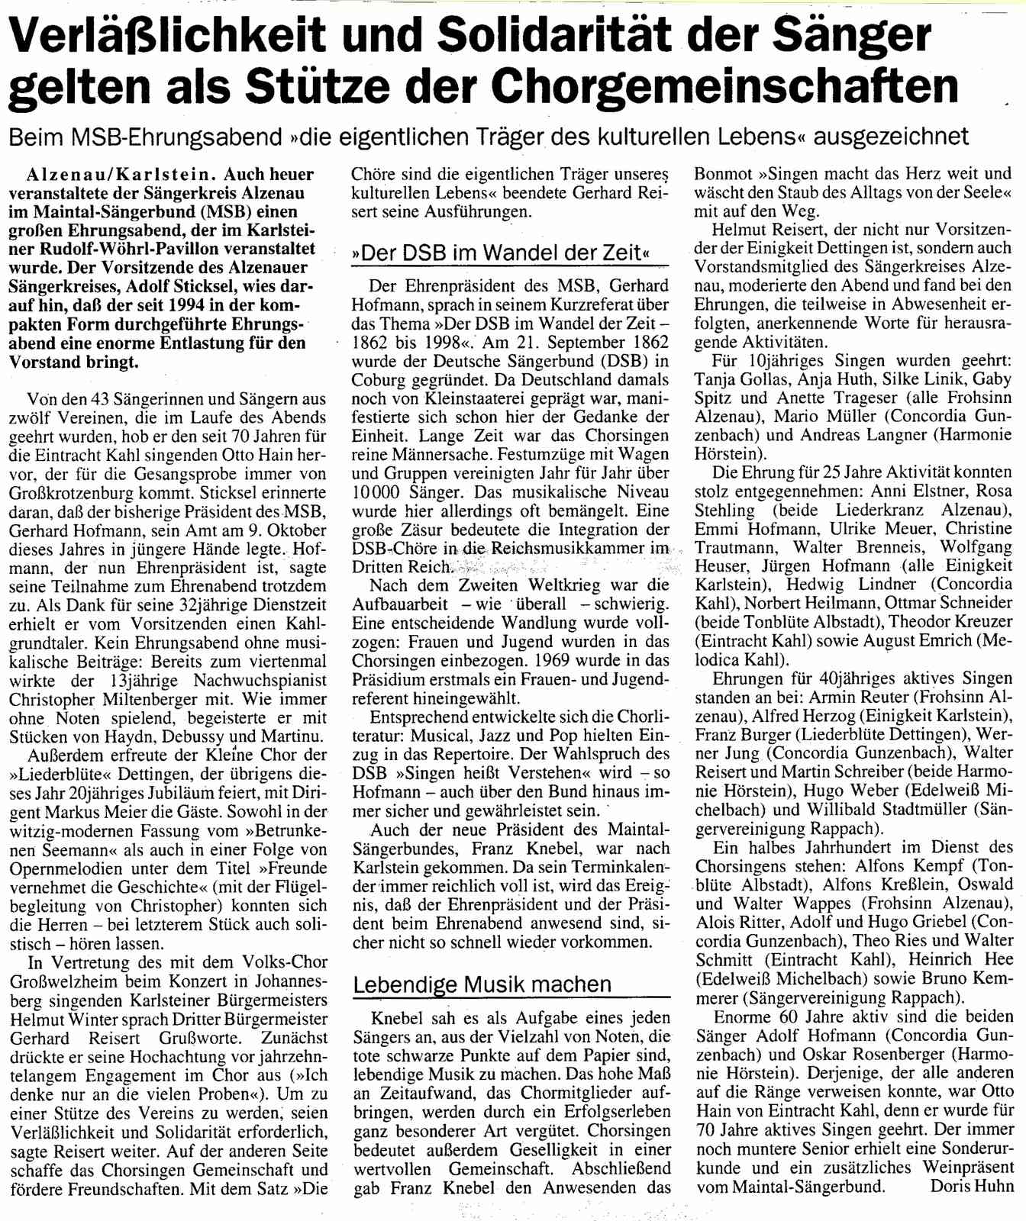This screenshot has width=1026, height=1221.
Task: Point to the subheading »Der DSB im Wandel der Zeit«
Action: pos(501,253)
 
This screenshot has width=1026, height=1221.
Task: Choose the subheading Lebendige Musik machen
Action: pos(482,984)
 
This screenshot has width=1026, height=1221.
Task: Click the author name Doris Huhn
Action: pos(972,1186)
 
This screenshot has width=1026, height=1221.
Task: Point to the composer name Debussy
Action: pos(189,737)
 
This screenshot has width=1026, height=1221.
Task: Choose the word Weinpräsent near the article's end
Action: pos(968,1167)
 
